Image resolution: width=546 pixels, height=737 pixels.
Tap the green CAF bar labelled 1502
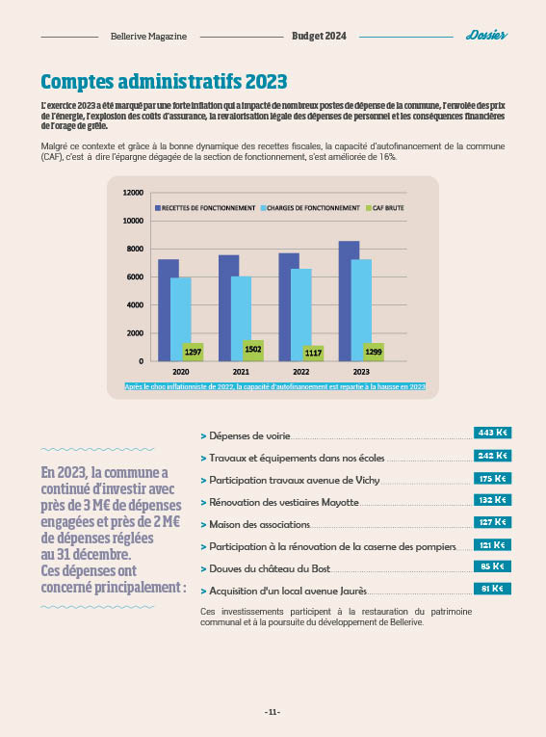(253, 350)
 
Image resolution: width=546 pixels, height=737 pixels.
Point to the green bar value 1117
(313, 353)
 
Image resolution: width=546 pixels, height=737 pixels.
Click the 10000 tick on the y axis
(133, 221)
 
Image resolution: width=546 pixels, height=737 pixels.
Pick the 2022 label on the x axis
(301, 372)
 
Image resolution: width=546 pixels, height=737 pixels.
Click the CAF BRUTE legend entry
(385, 208)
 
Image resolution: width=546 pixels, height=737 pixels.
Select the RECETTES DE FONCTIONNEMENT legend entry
(205, 208)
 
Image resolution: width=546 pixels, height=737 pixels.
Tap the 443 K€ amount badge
(492, 433)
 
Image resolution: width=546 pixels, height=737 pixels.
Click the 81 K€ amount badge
(492, 589)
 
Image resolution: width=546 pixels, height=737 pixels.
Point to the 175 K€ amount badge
(492, 479)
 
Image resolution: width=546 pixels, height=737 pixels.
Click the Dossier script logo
(486, 36)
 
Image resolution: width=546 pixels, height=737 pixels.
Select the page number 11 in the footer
(273, 712)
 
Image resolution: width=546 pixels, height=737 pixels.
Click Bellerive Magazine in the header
(148, 37)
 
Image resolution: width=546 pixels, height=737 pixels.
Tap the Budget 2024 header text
(319, 36)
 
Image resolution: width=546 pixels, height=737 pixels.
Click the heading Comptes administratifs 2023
(164, 81)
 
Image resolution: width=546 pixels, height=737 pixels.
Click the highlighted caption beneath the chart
(274, 387)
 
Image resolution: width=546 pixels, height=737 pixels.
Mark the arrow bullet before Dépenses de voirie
(203, 436)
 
